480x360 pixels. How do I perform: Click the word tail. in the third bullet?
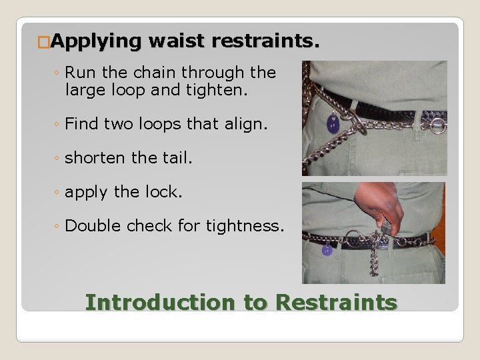click(173, 158)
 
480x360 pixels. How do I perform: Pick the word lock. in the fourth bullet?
click(162, 192)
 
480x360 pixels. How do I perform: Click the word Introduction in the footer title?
click(161, 302)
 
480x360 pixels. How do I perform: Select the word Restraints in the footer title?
click(336, 302)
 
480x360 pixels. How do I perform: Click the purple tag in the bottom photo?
click(327, 250)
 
